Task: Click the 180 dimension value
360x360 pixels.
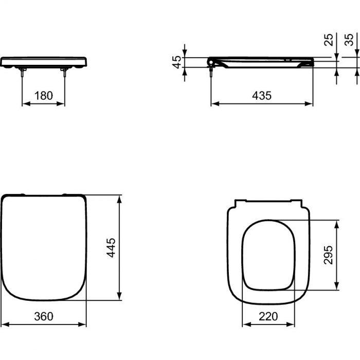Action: pyautogui.click(x=43, y=96)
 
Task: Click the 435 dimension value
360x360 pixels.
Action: pyautogui.click(x=262, y=96)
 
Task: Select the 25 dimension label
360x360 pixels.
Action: pyautogui.click(x=330, y=39)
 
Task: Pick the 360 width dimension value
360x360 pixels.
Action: pyautogui.click(x=43, y=317)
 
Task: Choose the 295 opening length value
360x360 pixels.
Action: pyautogui.click(x=330, y=255)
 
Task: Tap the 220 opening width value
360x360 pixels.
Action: pyautogui.click(x=267, y=317)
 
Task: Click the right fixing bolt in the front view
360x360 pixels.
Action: pyautogui.click(x=65, y=73)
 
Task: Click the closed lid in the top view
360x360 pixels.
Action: pyautogui.click(x=43, y=247)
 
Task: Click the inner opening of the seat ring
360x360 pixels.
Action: pyautogui.click(x=267, y=253)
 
